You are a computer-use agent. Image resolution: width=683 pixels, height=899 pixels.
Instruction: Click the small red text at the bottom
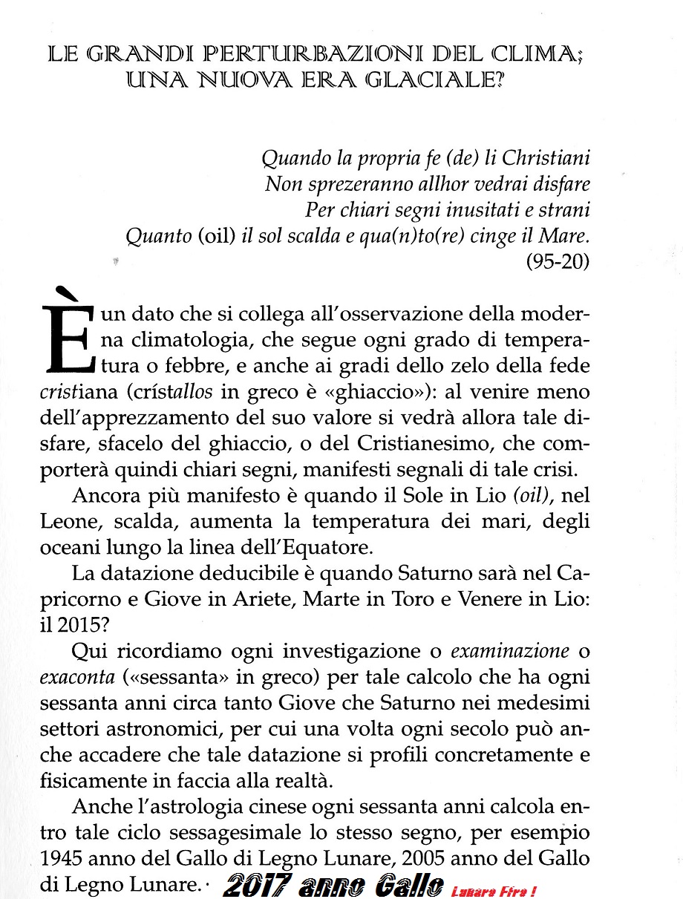(x=494, y=889)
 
